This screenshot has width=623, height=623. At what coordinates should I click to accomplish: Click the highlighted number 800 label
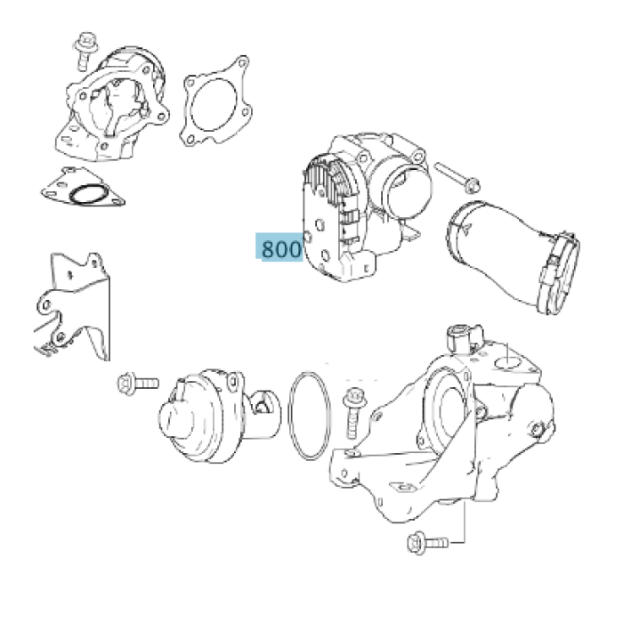pyautogui.click(x=279, y=247)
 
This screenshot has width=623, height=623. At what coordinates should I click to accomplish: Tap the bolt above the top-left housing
pyautogui.click(x=85, y=51)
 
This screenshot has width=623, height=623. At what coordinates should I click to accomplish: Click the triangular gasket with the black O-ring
pyautogui.click(x=83, y=188)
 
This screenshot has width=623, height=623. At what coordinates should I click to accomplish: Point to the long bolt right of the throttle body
pyautogui.click(x=457, y=178)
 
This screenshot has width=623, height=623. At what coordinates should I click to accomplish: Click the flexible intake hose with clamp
pyautogui.click(x=513, y=256)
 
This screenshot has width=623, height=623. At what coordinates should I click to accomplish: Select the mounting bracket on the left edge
pyautogui.click(x=71, y=306)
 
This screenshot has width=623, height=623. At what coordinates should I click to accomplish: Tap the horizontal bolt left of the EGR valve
pyautogui.click(x=138, y=384)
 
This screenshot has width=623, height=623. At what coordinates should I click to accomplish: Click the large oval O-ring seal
pyautogui.click(x=310, y=416)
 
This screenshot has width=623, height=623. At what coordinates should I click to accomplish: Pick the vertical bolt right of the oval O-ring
pyautogui.click(x=353, y=413)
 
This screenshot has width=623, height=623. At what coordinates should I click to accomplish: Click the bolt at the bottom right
pyautogui.click(x=428, y=543)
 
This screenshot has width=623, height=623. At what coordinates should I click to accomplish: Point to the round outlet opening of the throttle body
pyautogui.click(x=406, y=193)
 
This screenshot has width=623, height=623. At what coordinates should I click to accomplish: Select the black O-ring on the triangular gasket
pyautogui.click(x=88, y=195)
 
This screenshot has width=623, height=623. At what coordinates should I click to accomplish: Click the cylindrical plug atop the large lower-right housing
pyautogui.click(x=460, y=337)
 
